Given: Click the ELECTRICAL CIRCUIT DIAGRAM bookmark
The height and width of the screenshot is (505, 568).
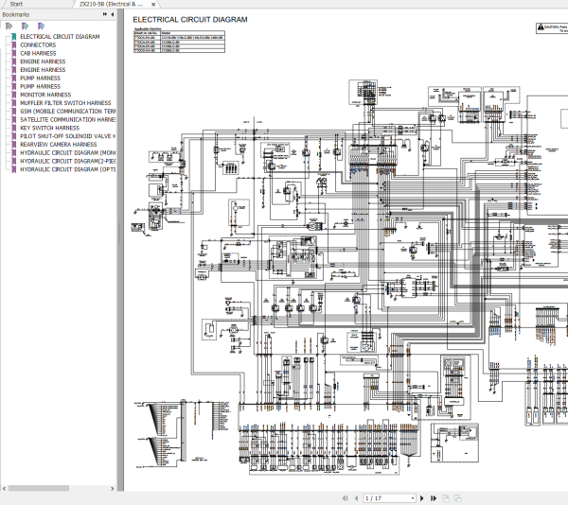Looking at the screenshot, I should tap(60, 37).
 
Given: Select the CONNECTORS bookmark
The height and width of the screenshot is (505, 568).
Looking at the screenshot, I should tap(38, 45).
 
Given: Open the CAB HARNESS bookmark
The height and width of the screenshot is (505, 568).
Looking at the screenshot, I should tap(38, 53).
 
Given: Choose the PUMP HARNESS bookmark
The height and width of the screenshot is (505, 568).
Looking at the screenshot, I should tap(40, 87).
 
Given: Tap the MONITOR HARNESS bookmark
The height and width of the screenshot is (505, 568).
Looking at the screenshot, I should tap(45, 95).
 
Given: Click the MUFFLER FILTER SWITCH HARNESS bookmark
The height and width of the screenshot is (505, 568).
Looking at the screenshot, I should tap(65, 103).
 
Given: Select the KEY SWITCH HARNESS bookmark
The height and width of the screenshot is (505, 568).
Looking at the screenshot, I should tap(49, 128).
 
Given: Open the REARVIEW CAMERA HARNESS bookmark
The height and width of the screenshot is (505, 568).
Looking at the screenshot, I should tap(58, 145).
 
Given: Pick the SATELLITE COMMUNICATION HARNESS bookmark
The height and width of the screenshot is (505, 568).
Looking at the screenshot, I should tap(67, 120).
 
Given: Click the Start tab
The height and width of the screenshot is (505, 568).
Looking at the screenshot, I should tap(16, 4).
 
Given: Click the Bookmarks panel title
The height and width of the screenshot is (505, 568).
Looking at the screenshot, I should tap(16, 15).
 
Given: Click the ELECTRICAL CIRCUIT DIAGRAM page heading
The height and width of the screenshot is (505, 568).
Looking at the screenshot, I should tap(189, 19).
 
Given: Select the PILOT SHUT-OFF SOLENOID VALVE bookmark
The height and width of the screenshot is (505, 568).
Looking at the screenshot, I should tap(67, 136).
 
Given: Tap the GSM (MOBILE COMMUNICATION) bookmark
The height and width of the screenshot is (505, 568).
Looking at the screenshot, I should tap(67, 112).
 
